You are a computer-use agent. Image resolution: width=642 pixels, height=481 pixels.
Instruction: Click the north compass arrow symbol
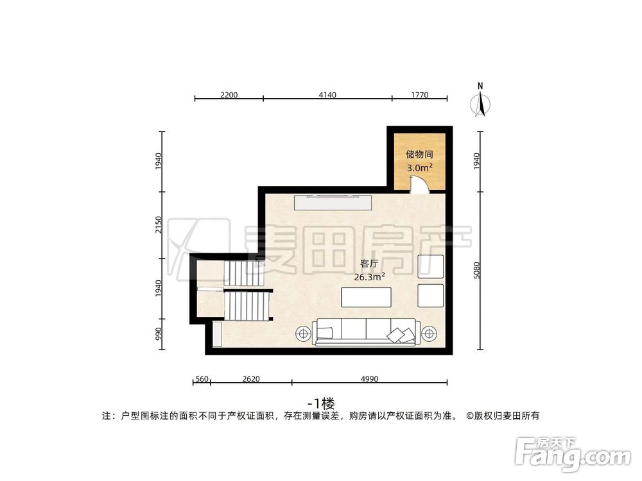click(x=480, y=103)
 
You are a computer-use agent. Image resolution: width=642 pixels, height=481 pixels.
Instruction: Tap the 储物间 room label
click(x=415, y=155)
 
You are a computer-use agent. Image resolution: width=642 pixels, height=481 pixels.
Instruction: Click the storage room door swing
click(x=418, y=185)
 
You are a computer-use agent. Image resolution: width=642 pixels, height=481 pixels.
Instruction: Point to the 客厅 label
click(x=369, y=264)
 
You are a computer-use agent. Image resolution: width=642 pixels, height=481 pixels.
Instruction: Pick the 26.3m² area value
click(x=369, y=277)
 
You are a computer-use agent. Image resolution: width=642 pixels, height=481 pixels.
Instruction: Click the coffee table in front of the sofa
click(x=367, y=298)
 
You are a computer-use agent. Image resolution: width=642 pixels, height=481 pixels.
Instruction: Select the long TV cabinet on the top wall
click(x=333, y=203)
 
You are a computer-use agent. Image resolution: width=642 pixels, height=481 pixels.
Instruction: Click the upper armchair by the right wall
click(x=430, y=266)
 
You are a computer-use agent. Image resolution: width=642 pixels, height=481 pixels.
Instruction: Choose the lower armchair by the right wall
click(x=430, y=295)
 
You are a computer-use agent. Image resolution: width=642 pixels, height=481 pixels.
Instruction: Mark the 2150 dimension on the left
click(x=159, y=224)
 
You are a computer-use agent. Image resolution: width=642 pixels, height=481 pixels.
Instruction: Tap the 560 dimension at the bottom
click(x=201, y=379)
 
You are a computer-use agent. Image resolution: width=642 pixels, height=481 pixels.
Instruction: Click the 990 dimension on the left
click(x=159, y=334)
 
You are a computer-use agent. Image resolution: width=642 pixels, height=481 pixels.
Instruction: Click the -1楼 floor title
click(x=321, y=403)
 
